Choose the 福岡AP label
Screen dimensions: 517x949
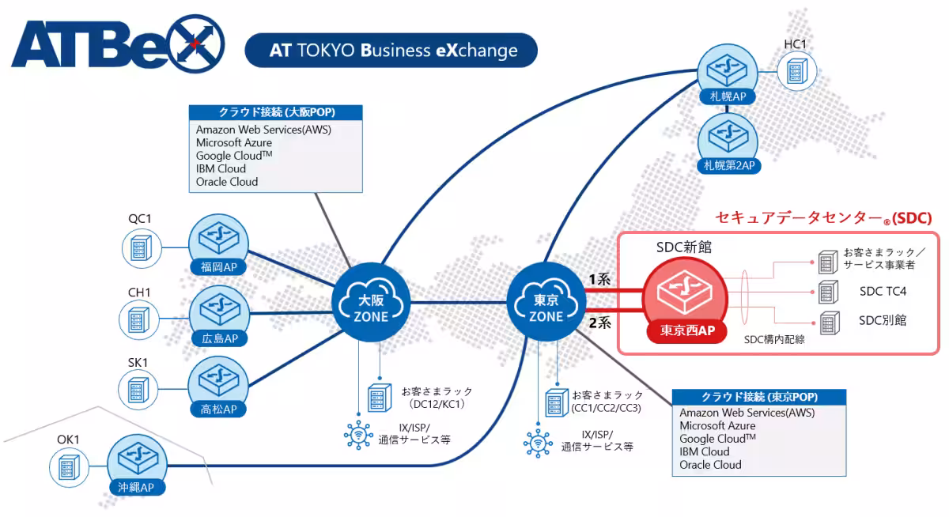pos(218,267)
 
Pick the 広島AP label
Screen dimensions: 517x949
pos(218,338)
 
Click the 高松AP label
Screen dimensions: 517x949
pos(218,409)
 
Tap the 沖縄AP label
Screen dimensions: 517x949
pos(137,488)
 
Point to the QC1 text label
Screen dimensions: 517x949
pos(140,218)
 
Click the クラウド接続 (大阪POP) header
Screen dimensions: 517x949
pos(275,112)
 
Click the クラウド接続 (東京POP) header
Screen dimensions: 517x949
pos(759,397)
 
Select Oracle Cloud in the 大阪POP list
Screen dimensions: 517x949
pos(227,182)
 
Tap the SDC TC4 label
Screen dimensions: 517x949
pos(883,292)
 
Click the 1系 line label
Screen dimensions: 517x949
pos(599,280)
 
